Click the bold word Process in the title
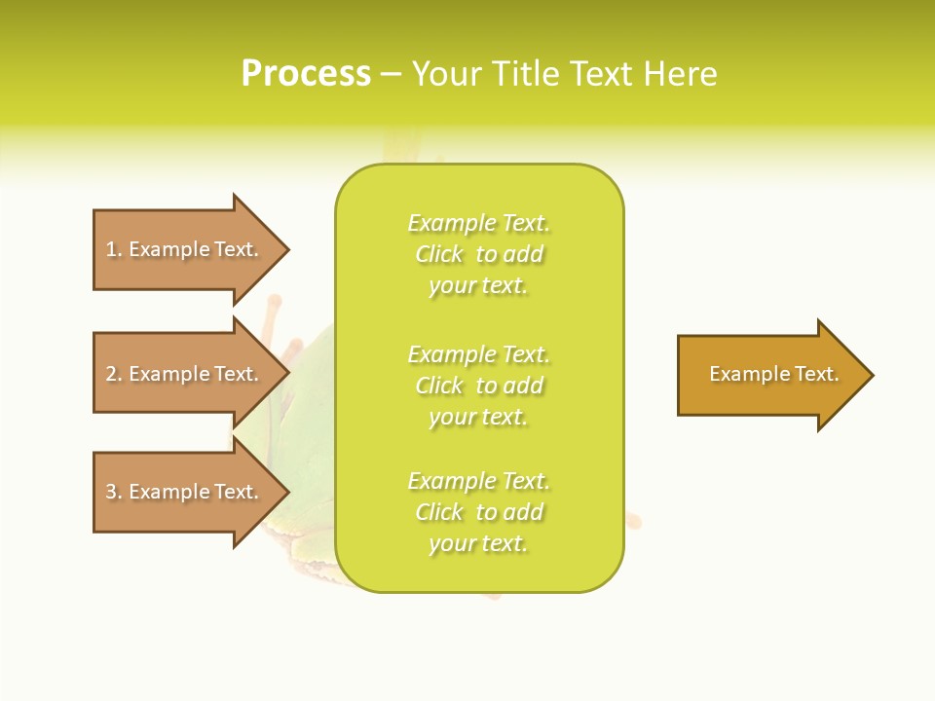point(306,74)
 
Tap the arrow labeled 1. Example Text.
point(185,249)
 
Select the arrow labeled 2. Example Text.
point(185,374)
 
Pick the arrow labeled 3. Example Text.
point(185,492)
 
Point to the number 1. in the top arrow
point(114,249)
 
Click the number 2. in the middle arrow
point(114,374)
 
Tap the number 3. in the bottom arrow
point(114,492)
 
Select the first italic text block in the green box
point(478,254)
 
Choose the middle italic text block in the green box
point(478,386)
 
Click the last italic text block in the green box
point(478,512)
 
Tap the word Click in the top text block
point(439,254)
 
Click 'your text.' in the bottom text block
point(478,543)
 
